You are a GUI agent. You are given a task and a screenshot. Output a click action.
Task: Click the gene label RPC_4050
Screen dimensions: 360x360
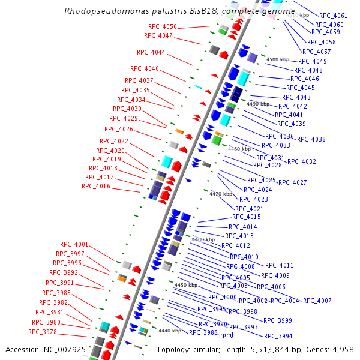pyautogui.click(x=162, y=27)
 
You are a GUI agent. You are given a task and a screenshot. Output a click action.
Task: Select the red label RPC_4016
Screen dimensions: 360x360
pyautogui.click(x=95, y=187)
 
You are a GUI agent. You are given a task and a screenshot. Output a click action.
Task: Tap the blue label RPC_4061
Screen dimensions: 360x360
pyautogui.click(x=333, y=16)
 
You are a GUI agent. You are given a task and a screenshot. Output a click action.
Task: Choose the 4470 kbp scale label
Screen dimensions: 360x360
pyautogui.click(x=220, y=194)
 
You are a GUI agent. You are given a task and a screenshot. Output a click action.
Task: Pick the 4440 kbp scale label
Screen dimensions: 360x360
pyautogui.click(x=169, y=331)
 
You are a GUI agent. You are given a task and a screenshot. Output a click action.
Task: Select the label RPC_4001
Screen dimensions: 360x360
pyautogui.click(x=74, y=245)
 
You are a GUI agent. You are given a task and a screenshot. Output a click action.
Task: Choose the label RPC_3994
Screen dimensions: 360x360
pyautogui.click(x=278, y=336)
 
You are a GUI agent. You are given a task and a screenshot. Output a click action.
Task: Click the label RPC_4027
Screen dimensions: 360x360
pyautogui.click(x=292, y=182)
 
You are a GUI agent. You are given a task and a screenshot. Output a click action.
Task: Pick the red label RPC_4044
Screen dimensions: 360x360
pyautogui.click(x=151, y=52)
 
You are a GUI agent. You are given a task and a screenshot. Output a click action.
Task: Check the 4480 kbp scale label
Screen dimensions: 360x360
pyautogui.click(x=239, y=149)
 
